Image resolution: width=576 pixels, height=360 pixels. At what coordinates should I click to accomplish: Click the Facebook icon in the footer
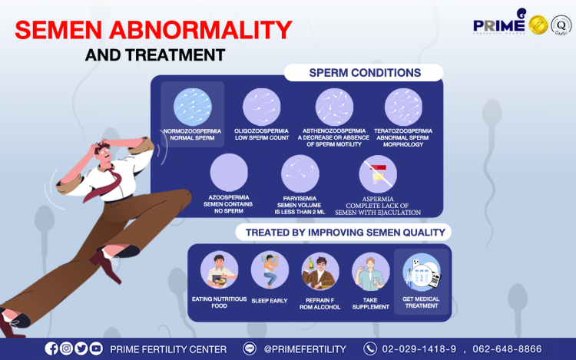click(x=51, y=348)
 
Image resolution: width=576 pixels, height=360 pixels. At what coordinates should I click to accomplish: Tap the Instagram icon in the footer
click(x=66, y=348)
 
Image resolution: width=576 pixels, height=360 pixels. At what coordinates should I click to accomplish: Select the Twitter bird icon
click(x=81, y=348)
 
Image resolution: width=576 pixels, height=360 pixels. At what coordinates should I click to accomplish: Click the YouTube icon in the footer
click(x=96, y=348)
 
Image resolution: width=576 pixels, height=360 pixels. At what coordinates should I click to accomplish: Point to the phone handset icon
click(x=370, y=348)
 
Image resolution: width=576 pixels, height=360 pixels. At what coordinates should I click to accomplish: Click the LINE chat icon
click(x=250, y=348)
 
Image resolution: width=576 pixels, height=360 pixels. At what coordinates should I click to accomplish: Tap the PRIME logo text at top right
click(x=499, y=25)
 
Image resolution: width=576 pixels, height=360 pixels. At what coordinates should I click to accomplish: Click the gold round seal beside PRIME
click(x=538, y=25)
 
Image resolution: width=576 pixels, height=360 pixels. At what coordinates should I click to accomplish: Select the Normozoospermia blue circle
click(x=193, y=107)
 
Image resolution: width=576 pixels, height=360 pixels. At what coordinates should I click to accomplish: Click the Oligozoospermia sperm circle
click(x=262, y=107)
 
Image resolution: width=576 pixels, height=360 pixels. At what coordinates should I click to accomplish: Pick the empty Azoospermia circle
click(x=229, y=173)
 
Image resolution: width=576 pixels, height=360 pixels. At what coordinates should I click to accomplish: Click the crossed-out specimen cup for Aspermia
click(x=378, y=174)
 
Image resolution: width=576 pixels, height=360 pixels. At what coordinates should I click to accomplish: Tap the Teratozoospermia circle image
click(x=403, y=107)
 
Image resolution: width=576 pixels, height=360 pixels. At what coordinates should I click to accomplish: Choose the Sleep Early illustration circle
click(x=270, y=270)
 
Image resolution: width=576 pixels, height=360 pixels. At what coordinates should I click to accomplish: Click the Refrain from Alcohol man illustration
click(x=320, y=271)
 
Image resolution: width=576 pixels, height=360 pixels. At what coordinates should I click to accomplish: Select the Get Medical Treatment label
click(x=421, y=302)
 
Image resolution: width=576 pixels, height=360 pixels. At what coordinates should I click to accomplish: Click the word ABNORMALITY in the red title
click(x=200, y=30)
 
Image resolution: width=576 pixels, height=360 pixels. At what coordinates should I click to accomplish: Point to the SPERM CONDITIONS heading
click(x=365, y=73)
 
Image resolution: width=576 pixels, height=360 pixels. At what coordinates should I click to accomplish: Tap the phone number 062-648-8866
click(x=507, y=348)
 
